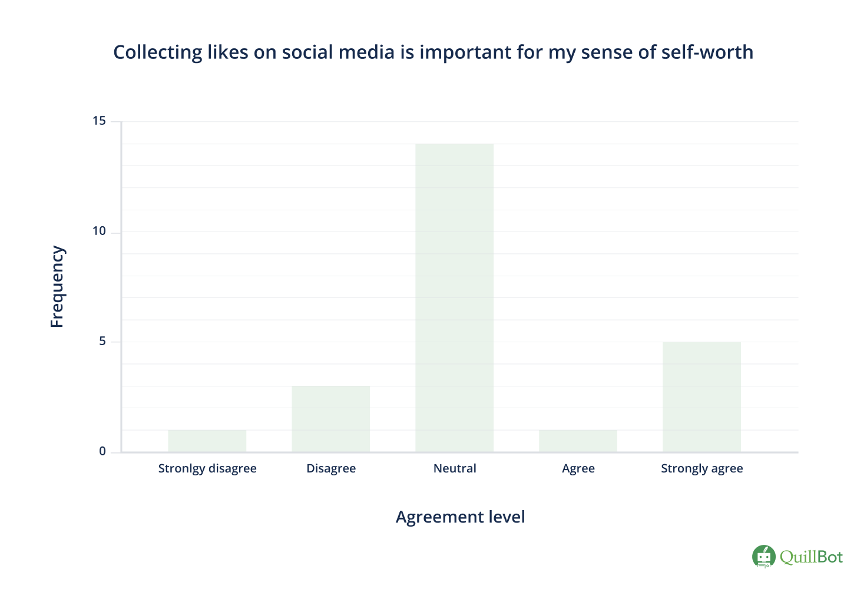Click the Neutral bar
coord(454,297)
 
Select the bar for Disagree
coord(330,419)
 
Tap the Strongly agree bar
coord(701,396)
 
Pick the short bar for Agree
coord(578,441)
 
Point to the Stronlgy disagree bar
coord(207,441)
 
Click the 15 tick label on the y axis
coord(99,121)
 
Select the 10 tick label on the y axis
coord(99,231)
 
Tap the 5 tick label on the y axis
coord(102,341)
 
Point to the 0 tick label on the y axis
coord(102,451)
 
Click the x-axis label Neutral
coord(455,468)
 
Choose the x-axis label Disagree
coord(331,468)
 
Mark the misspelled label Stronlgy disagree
coord(207,468)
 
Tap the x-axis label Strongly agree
coord(701,468)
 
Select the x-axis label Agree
coord(578,468)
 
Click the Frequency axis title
coord(57,286)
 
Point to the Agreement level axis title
coord(460,517)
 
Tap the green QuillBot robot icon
coord(764,556)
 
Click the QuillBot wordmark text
coord(811,557)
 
